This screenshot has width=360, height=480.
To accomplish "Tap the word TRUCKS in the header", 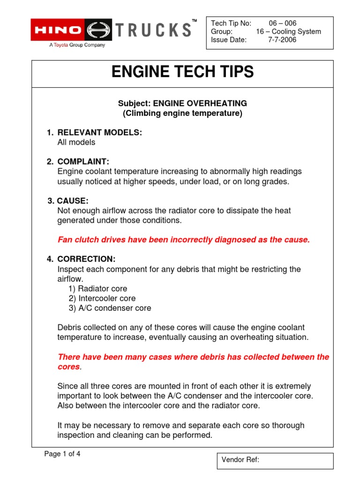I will coord(154,30).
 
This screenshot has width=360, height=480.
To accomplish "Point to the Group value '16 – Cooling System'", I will coord(288,32).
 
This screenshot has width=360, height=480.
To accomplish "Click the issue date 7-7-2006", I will coord(282,40).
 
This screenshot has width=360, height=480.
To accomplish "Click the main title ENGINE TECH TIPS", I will coord(182,72).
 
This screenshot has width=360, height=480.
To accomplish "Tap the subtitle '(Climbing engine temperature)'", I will coord(182,113).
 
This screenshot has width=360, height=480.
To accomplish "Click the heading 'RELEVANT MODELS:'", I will coord(99,133).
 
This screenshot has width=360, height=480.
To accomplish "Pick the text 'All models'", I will coord(76,142).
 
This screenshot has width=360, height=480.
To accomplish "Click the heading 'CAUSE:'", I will coord(73,201).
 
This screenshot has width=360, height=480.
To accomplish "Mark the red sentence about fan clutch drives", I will coord(183,240).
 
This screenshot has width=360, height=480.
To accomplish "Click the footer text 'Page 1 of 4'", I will coord(62,454).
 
